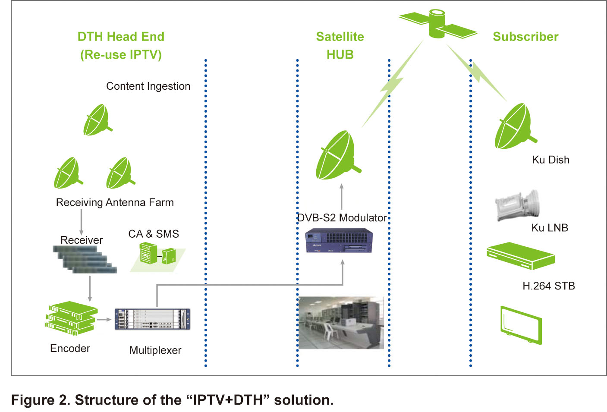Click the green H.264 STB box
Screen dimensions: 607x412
pos(521,256)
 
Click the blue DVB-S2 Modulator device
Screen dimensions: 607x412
pos(339,240)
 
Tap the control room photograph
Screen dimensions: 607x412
pos(341,323)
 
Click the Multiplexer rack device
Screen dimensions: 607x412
pos(152,319)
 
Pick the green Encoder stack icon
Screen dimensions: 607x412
pos(71,318)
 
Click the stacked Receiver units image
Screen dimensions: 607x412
pos(85,259)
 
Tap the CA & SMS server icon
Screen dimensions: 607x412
pos(158,256)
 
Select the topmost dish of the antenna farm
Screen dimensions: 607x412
pos(97,120)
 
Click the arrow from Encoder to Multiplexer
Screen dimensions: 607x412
pos(104,320)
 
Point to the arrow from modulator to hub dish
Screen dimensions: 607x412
pos(341,197)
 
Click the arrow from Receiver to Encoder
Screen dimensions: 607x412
pos(90,289)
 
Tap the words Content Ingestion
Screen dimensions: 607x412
pos(148,86)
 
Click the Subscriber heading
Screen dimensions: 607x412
pos(525,37)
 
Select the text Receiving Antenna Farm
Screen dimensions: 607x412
pos(115,202)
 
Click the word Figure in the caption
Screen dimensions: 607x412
pos(33,400)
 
